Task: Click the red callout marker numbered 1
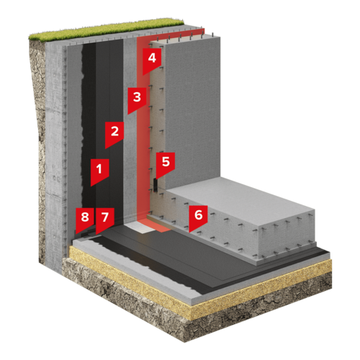99,171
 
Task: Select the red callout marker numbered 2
114,133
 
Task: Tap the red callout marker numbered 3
137,99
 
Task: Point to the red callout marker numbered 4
152,60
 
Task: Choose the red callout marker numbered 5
166,163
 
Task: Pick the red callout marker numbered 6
198,217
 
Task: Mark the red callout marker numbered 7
105,219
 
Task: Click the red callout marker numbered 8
85,219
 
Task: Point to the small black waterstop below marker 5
155,185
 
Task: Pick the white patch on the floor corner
138,227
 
